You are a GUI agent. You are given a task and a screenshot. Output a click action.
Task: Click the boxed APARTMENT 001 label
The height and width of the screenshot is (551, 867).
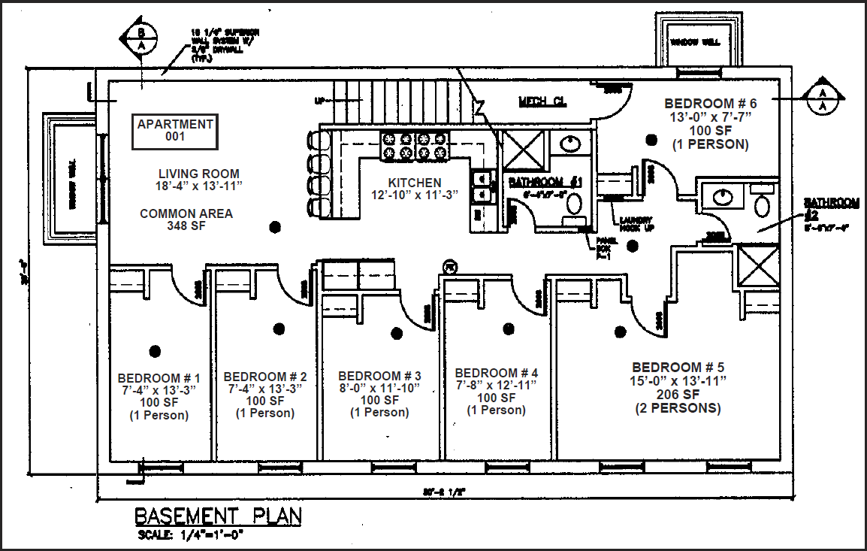pos(175,131)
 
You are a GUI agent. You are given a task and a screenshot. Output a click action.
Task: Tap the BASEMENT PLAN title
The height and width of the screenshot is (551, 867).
pos(218,516)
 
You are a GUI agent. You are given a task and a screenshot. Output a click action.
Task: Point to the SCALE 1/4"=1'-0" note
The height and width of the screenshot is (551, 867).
pos(191,535)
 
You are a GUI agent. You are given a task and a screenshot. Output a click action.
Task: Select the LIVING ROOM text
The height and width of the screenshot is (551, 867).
pos(199,174)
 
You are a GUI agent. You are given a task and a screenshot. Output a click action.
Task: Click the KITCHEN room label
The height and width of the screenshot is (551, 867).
pos(415,183)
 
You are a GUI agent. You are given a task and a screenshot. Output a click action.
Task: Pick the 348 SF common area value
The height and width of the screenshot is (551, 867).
pos(186,226)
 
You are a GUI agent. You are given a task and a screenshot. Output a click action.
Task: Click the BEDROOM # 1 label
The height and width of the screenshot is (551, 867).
pos(159,377)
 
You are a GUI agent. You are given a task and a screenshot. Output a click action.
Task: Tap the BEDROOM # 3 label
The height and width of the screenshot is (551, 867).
pos(379,376)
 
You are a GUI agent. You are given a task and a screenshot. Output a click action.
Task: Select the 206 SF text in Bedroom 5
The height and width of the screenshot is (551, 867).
pos(678,395)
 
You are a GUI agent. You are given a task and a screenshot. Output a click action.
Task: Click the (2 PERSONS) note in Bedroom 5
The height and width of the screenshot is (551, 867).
pos(678,408)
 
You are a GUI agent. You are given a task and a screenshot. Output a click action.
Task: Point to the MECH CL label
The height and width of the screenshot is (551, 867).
pos(542,101)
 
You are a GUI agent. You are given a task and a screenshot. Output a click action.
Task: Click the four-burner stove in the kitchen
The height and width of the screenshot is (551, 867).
pos(415,146)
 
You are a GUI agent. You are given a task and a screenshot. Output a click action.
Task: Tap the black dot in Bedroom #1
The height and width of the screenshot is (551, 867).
pos(156,350)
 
